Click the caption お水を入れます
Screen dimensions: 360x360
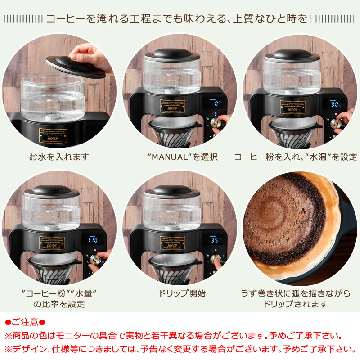pos(59,157)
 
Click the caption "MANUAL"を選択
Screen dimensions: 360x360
pos(179,157)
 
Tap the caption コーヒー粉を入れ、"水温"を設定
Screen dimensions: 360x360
pos(295,157)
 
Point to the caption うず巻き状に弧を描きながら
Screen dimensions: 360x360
pos(296,293)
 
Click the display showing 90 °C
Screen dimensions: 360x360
pos(335,104)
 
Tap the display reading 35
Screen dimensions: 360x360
pos(216,240)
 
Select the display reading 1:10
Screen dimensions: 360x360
pos(93,240)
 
